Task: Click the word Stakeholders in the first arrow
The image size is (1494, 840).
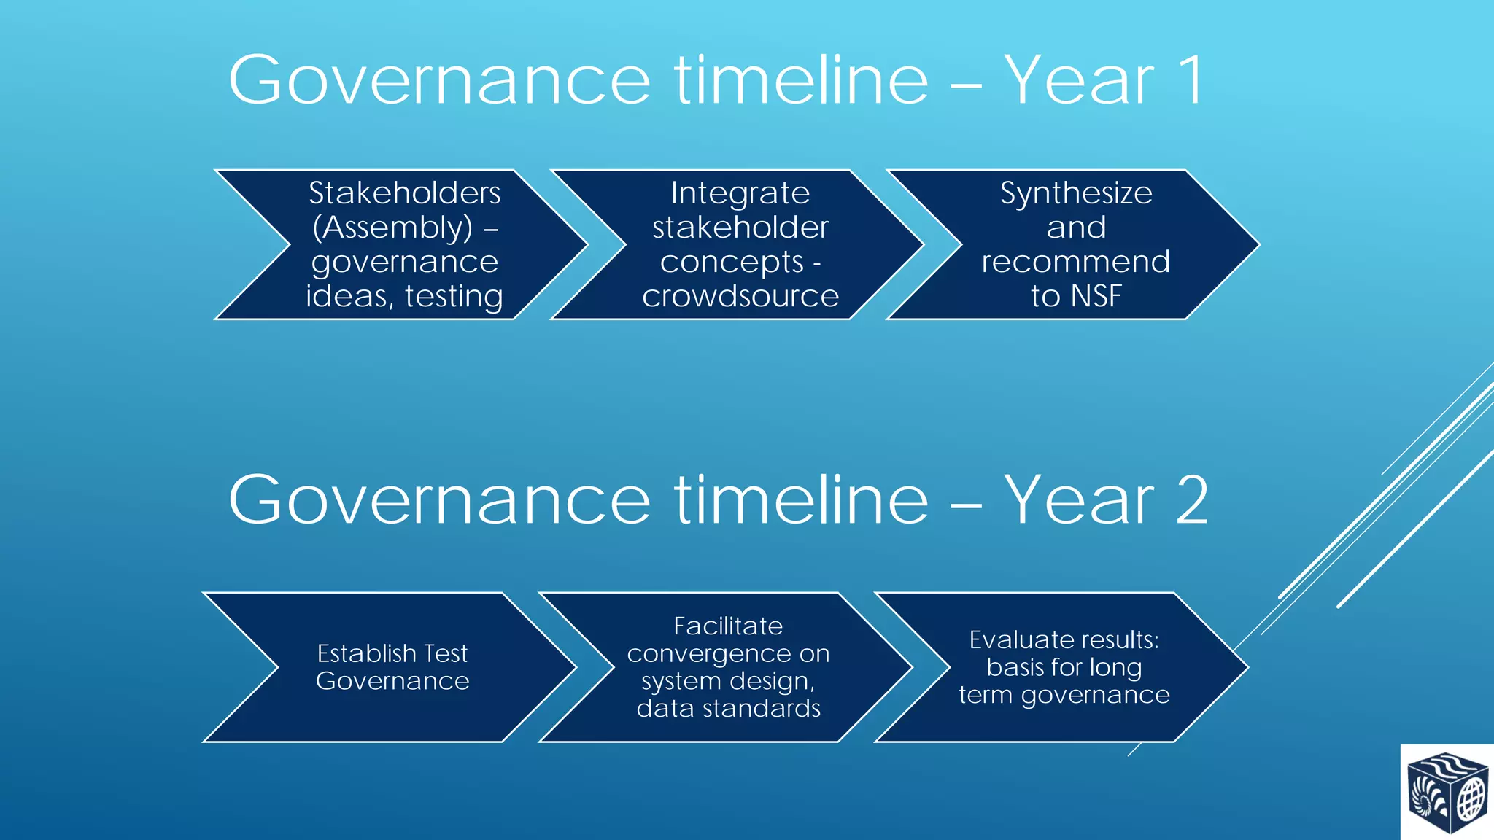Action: tap(404, 193)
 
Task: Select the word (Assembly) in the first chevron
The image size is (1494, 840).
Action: tap(392, 227)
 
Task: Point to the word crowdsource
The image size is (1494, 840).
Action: tap(740, 296)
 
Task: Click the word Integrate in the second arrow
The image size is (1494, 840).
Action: tap(740, 193)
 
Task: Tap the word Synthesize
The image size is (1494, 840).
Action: tap(1076, 193)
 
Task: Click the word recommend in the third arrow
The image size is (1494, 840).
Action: tap(1076, 262)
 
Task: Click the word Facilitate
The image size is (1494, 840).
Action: tap(727, 626)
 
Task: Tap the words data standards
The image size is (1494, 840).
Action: tap(728, 708)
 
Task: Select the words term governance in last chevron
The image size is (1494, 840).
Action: tap(1064, 695)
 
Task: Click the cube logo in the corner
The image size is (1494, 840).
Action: tap(1446, 793)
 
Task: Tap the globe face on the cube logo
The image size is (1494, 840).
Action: tap(1471, 798)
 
